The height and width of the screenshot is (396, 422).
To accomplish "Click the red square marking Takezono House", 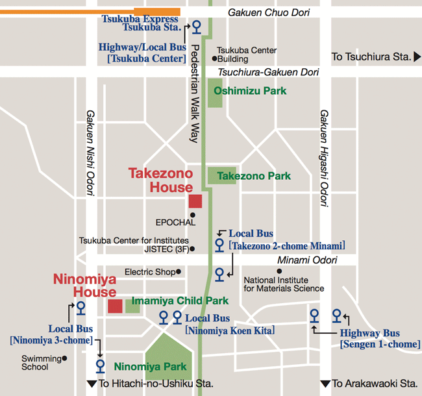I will point(195,201).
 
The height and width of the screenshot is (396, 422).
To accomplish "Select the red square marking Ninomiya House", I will point(115,306).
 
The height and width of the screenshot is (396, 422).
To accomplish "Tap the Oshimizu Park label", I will point(250,92).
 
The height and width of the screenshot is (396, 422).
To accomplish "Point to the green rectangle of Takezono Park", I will point(222,175).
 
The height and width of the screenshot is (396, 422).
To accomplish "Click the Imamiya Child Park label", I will point(180,301).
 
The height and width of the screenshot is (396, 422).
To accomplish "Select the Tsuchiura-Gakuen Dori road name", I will point(268,71).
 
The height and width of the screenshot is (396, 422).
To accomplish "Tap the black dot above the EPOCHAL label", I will point(192,214).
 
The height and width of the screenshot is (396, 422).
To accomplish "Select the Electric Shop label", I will point(149,272).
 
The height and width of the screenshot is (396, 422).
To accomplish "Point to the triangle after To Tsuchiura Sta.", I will point(416,57).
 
